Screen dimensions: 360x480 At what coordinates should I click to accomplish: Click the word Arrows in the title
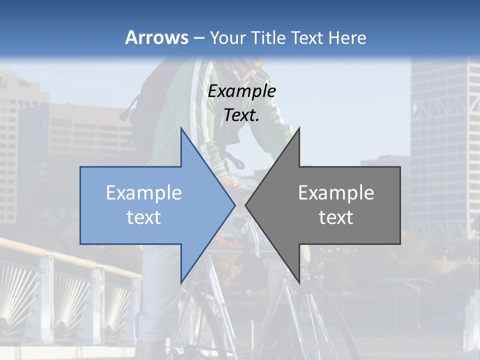(x=157, y=37)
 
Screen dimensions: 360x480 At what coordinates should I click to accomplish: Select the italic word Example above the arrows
(x=242, y=91)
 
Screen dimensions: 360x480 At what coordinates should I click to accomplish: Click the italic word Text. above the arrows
(x=242, y=115)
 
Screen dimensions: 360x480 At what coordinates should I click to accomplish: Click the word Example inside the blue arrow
(x=144, y=193)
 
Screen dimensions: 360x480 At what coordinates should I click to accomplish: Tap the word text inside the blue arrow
(x=144, y=217)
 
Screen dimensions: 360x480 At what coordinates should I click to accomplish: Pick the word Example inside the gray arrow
(x=336, y=193)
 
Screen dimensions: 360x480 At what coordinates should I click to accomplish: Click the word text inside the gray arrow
(x=336, y=217)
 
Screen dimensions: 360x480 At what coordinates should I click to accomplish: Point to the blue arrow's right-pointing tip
(x=234, y=205)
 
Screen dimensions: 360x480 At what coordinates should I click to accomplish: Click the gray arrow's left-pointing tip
(x=245, y=205)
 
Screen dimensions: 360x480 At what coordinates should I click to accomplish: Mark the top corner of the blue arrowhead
(x=181, y=128)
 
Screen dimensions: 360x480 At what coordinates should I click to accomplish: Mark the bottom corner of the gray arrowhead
(x=299, y=282)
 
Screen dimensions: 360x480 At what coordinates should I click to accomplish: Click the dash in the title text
(x=198, y=38)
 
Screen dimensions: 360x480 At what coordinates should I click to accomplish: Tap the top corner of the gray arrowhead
(x=299, y=128)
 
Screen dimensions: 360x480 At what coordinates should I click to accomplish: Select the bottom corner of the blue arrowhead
(x=181, y=282)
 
